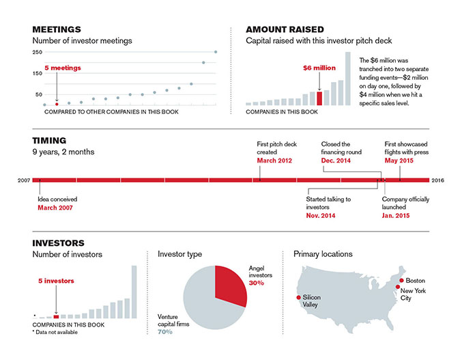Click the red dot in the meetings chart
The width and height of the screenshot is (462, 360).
point(57,104)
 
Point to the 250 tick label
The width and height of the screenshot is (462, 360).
point(38,52)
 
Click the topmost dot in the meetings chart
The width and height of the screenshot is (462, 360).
point(216,52)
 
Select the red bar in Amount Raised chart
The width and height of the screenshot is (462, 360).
point(319,98)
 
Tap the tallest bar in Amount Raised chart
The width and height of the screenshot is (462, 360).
point(347,79)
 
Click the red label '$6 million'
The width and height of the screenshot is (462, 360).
point(319,68)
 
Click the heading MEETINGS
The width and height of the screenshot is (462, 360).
point(57,29)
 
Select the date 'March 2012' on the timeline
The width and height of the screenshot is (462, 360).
point(274,161)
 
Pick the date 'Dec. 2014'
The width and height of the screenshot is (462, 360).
point(336,161)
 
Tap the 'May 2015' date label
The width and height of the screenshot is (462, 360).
point(399,161)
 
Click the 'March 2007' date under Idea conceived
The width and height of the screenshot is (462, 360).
point(55,208)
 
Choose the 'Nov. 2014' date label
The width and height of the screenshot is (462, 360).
point(321,216)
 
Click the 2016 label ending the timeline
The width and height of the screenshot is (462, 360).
point(438,180)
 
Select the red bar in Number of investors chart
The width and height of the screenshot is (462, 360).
point(56,317)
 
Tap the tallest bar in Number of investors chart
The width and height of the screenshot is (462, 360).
point(134,292)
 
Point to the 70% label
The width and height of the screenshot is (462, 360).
point(165,332)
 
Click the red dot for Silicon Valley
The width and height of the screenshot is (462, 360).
point(298,297)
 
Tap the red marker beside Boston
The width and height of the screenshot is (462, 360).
point(401,280)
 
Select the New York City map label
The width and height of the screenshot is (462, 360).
point(413,294)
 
